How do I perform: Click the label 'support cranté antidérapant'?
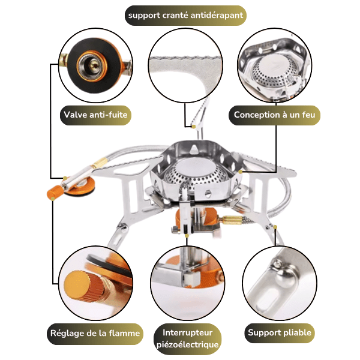(185, 16)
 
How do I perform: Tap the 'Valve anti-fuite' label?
(95, 115)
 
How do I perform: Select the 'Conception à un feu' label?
(274, 115)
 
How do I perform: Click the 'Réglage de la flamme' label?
(95, 334)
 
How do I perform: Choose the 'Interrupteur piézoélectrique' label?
(187, 338)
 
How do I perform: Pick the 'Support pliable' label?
(280, 332)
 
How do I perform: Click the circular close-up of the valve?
(95, 65)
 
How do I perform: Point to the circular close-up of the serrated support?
(185, 65)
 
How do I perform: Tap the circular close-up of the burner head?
(275, 65)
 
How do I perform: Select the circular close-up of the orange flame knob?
(95, 283)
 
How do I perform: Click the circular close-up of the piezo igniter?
(188, 283)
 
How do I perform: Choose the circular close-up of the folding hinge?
(280, 283)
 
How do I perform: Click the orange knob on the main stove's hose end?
(55, 193)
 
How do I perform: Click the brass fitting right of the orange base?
(232, 220)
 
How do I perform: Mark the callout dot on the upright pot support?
(194, 127)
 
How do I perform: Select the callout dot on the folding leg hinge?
(275, 227)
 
